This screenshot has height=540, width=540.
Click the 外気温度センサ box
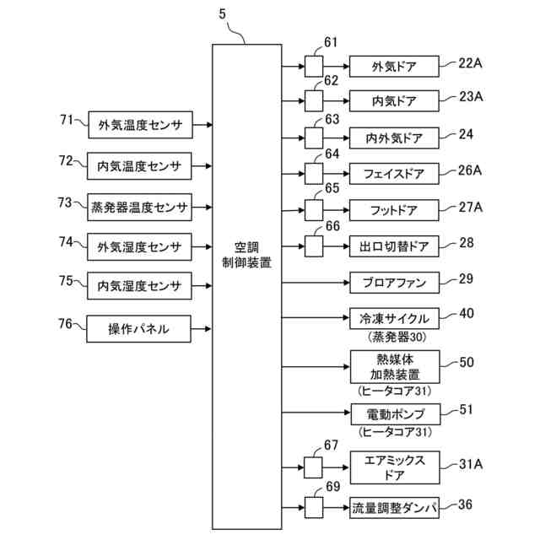pyautogui.click(x=139, y=124)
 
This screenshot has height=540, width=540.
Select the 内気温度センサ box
pyautogui.click(x=139, y=165)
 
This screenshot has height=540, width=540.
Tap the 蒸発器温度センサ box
pyautogui.click(x=139, y=205)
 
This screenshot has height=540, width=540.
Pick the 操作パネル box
pyautogui.click(x=139, y=328)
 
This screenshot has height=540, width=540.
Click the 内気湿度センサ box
pyautogui.click(x=139, y=286)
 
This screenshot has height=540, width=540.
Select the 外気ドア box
pyautogui.click(x=394, y=66)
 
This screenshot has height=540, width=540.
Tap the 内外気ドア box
pyautogui.click(x=394, y=138)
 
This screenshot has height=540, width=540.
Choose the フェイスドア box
pyautogui.click(x=394, y=174)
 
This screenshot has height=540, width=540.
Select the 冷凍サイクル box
pyautogui.click(x=394, y=320)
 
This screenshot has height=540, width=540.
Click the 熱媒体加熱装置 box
pyautogui.click(x=394, y=368)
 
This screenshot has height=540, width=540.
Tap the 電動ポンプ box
pyautogui.click(x=394, y=414)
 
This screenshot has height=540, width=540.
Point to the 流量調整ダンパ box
pyautogui.click(x=394, y=508)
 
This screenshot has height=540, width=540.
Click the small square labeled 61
pyautogui.click(x=314, y=66)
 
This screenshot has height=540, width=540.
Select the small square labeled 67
pyautogui.click(x=314, y=465)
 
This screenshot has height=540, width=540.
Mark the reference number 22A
pyautogui.click(x=470, y=62)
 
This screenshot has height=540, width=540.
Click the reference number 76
pyautogui.click(x=66, y=323)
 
